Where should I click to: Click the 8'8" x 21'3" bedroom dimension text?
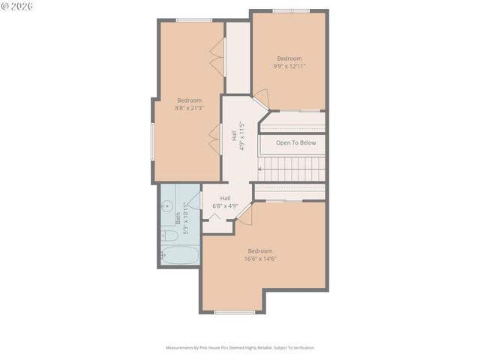coord(189,109)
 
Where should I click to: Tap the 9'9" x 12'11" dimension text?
coord(289,66)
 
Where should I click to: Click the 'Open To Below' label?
coord(295,142)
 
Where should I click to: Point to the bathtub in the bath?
coord(180,255)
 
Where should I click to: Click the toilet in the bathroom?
coord(169,235)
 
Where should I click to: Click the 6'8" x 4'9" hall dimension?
coord(225,205)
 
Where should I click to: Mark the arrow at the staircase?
coord(261,169)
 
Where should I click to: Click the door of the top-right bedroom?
coord(260,97)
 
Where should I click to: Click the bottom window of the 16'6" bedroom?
coord(235,312)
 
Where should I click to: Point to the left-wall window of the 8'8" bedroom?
coord(153,141)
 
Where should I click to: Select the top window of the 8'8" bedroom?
coord(193,19)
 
